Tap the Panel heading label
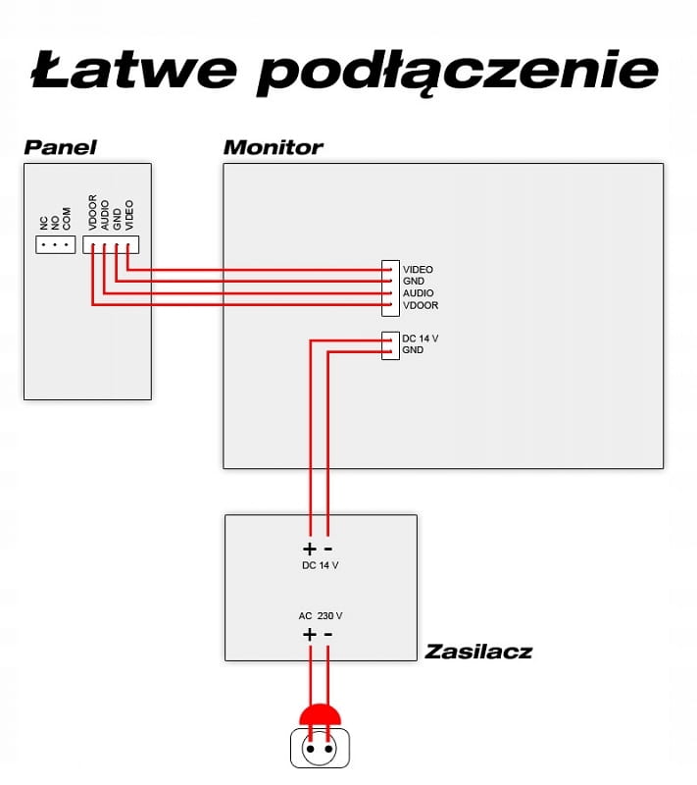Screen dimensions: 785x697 click(60, 147)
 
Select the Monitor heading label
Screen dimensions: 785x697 click(273, 147)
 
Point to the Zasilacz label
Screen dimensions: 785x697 click(478, 651)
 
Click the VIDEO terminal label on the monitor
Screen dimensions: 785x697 click(418, 269)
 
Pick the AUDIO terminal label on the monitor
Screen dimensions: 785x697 click(418, 293)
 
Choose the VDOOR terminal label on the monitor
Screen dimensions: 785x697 click(420, 305)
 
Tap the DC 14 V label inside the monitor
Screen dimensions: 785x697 click(420, 339)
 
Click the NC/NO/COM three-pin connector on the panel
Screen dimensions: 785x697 click(55, 243)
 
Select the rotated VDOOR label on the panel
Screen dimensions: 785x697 click(93, 212)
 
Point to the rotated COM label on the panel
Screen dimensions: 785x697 click(67, 218)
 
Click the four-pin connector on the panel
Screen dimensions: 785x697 click(111, 244)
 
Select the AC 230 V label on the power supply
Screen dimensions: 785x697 click(321, 616)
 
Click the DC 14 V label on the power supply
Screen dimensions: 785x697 click(321, 566)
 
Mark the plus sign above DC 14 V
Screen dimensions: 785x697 click(310, 549)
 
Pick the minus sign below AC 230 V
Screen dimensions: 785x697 click(327, 635)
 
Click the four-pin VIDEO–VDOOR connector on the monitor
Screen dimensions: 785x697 click(390, 288)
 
